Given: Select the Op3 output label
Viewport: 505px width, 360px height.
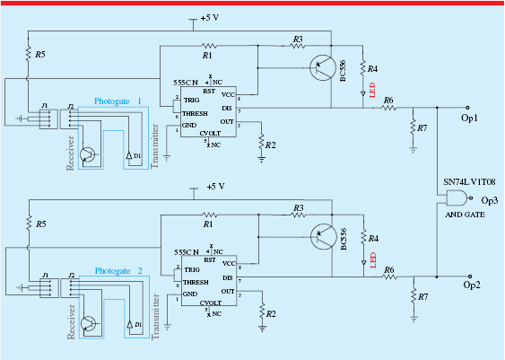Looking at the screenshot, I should pyautogui.click(x=490, y=201).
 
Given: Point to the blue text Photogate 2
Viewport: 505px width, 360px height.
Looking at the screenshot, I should pyautogui.click(x=119, y=270).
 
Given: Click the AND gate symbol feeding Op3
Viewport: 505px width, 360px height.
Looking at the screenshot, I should pyautogui.click(x=459, y=200).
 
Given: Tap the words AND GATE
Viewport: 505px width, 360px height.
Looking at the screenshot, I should pyautogui.click(x=465, y=216).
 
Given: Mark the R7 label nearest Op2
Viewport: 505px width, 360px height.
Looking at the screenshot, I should pyautogui.click(x=422, y=297).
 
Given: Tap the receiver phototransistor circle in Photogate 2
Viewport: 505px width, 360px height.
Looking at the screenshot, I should pyautogui.click(x=89, y=323).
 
